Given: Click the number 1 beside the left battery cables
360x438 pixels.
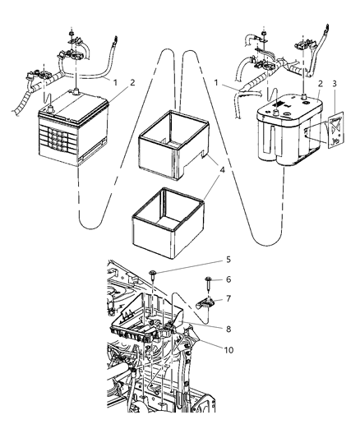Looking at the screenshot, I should (x=116, y=82).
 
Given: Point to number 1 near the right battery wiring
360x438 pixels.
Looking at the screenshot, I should (x=216, y=84).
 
